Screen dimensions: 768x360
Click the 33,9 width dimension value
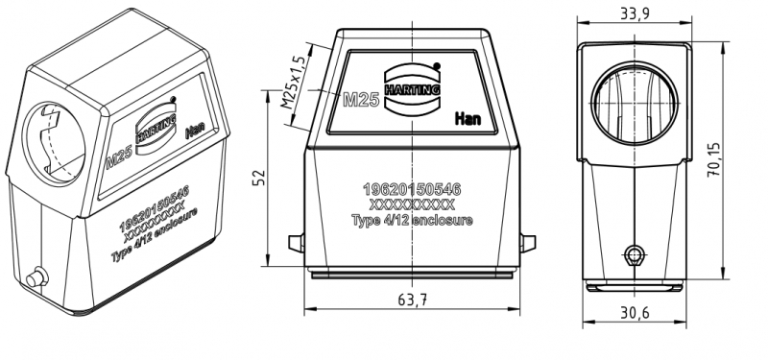coord(635,14)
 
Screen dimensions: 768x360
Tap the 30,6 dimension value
coord(635,313)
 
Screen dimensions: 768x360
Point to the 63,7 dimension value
coord(413,300)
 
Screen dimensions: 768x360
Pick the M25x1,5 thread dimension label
coord(293,83)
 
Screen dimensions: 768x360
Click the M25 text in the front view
coord(361,100)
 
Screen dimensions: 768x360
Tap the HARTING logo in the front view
coord(413,88)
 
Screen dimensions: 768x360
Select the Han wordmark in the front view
coord(468,118)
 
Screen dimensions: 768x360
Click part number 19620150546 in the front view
coord(412,188)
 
